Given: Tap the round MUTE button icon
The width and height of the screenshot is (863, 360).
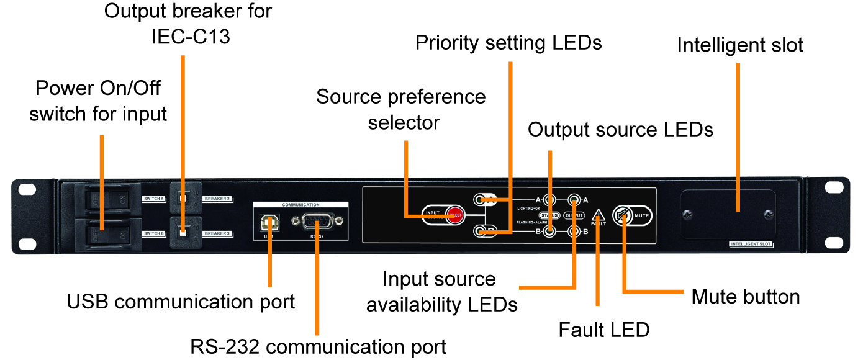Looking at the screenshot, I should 622,215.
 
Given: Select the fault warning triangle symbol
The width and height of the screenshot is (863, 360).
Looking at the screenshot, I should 599,216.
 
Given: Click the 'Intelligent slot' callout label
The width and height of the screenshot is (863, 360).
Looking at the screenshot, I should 740,45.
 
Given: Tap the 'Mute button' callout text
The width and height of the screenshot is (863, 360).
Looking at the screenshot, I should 745,297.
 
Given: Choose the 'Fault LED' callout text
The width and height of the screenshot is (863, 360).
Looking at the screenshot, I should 603,330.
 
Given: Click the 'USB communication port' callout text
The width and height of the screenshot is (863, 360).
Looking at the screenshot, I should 181,302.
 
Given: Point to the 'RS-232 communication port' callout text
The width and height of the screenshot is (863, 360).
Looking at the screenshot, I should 318,346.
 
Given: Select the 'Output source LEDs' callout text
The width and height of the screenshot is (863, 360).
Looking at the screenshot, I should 620,130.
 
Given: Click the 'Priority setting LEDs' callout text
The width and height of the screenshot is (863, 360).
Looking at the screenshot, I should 508,43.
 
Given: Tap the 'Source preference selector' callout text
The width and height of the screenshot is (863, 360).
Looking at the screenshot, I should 401,109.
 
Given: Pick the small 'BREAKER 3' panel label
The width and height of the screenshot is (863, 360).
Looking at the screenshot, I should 217,233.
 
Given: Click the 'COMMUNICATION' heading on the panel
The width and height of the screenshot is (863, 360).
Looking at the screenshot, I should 300,204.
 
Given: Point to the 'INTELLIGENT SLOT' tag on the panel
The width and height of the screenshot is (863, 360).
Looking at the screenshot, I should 751,245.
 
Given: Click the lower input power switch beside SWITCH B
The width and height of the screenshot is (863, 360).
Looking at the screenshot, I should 108,233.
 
